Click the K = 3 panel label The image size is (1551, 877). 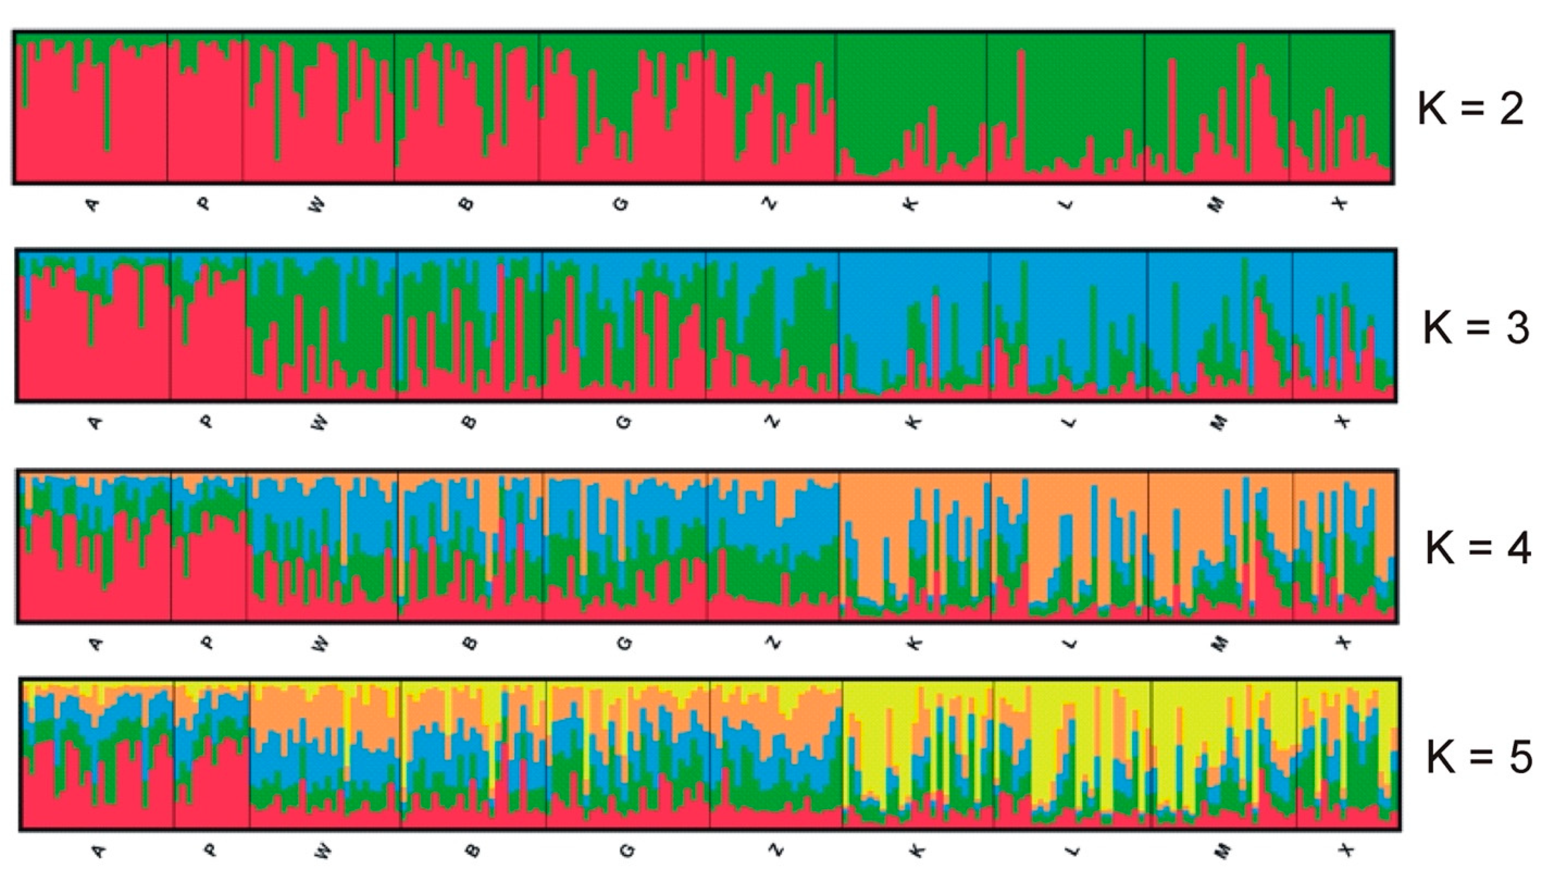(1475, 329)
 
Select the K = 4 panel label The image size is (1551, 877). (1478, 549)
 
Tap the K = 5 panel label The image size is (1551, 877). (1479, 757)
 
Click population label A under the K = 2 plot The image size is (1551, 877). (92, 205)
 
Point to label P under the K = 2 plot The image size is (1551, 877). (204, 204)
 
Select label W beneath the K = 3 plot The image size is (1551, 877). (320, 423)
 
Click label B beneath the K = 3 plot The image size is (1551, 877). (471, 422)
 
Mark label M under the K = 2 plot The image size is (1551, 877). (1217, 205)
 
